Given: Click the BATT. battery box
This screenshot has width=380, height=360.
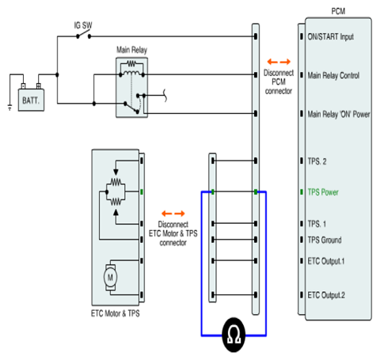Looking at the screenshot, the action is tap(31, 100).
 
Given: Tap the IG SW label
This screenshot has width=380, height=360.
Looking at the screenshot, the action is tap(83, 25).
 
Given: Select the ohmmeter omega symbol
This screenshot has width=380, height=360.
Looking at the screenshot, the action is tap(234, 335).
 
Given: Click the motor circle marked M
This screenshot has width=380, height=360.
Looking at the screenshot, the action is tap(110, 277).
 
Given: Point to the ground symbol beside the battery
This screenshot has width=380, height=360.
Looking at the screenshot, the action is tap(9, 108).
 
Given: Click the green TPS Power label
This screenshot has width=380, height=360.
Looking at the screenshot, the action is tap(323, 192).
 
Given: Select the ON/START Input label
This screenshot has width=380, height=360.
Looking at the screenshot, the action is tap(331, 36).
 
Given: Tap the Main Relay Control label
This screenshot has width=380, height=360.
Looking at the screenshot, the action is tap(333, 75).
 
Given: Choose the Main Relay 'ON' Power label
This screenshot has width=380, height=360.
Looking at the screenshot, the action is tap(339, 114).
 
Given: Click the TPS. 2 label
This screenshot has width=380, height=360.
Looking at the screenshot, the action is tap(317, 161).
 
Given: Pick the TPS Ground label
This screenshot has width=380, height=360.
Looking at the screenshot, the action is tap(325, 240).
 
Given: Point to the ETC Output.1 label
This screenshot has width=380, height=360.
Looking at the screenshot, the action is tap(326, 261).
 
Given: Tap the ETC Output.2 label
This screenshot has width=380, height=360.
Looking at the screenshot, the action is tap(326, 295).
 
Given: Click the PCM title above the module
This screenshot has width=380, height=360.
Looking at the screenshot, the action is tap(338, 11).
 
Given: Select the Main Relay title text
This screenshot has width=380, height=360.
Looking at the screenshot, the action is tap(131, 50).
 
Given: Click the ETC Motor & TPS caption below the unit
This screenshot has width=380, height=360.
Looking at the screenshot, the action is tap(116, 313).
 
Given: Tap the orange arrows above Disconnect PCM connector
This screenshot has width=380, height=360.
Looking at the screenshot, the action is tap(279, 62).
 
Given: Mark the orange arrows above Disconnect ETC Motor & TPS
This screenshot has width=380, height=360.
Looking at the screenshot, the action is tap(173, 214).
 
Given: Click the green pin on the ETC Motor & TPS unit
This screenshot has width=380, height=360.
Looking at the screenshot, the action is tap(142, 191).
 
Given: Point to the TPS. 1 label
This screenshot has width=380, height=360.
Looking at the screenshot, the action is tap(317, 224).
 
